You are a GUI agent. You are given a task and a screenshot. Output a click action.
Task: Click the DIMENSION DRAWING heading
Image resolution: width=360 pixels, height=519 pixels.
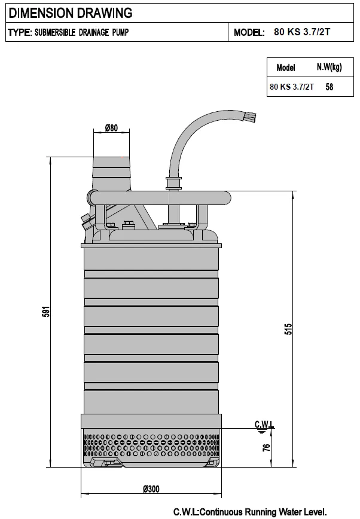(70, 13)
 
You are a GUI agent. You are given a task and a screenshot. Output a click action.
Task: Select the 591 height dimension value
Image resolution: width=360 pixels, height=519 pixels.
(47, 312)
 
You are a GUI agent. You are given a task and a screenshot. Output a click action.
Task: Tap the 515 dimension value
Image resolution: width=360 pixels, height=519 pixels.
(288, 329)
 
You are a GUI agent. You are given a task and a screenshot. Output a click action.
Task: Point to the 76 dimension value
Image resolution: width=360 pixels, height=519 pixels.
(266, 448)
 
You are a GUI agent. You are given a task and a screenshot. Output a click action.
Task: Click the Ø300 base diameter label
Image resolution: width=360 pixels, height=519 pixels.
(151, 489)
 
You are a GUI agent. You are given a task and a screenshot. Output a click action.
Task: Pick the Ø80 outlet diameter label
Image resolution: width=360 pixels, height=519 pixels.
(111, 128)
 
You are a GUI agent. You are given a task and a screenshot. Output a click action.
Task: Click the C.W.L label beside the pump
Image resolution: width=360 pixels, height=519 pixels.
(264, 424)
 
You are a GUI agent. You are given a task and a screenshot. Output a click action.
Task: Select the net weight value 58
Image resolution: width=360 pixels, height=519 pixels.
(329, 87)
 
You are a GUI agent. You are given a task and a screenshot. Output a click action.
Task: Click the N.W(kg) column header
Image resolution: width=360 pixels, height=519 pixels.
(329, 67)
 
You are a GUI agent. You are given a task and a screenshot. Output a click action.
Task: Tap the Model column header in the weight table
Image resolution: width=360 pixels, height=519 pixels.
(285, 68)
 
